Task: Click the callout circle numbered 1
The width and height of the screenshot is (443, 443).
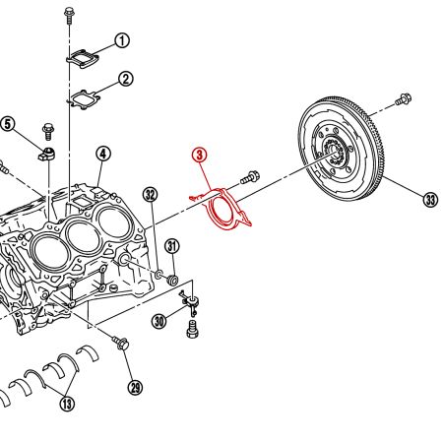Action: (x=122, y=40)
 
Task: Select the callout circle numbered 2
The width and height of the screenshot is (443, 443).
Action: (x=126, y=79)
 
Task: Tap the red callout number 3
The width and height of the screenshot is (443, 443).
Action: (x=199, y=156)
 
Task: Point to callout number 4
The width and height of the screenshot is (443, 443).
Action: (x=103, y=154)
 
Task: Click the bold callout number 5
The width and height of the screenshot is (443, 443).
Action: (x=8, y=124)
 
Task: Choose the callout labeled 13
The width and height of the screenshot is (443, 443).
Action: (x=67, y=402)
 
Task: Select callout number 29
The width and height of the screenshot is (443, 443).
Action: (x=135, y=387)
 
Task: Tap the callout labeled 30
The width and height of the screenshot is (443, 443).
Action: (x=158, y=320)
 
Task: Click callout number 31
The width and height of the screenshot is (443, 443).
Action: (x=171, y=245)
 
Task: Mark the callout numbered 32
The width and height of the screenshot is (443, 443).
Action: (x=150, y=194)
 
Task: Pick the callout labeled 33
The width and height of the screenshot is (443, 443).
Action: (x=429, y=200)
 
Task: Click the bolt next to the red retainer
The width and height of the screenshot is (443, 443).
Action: (x=251, y=178)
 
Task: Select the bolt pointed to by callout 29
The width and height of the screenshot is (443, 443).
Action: (x=122, y=344)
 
